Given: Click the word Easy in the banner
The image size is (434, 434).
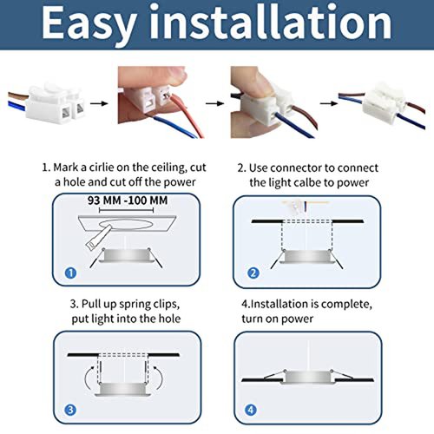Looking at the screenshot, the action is pos(89,24).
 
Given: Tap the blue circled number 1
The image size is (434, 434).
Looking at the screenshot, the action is pos(70,273).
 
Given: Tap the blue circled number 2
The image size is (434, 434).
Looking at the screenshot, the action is pos(253,273).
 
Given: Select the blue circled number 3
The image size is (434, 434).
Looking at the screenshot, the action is pos(70,410).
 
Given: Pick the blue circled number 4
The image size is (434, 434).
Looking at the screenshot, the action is pos(251,410).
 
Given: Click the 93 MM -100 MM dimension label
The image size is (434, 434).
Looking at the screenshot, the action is pos(128,201).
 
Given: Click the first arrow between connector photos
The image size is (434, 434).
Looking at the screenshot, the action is pos(99,103).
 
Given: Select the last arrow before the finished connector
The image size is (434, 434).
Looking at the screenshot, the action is pos(329,103).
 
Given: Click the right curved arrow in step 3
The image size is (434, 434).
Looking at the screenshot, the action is pos(161,377).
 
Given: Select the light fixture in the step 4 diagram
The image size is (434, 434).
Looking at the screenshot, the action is pos(308,377).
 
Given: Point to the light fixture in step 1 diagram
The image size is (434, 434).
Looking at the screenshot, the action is pos(126,256).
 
